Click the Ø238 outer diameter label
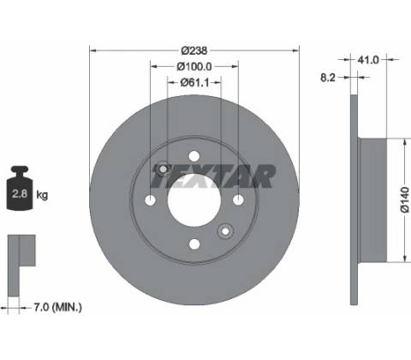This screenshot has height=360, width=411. pos(194,51)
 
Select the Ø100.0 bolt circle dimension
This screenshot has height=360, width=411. pos(194,67)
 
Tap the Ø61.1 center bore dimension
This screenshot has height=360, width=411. pos(194,83)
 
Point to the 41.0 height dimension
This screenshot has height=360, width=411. pos(368,60)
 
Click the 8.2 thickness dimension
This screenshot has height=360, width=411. pos(328,77)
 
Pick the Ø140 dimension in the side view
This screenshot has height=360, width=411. pos(405,200)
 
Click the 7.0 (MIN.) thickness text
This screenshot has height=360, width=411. pos(58,308)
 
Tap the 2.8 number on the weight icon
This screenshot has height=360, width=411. pos(20,194)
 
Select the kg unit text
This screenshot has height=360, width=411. pos(42,195)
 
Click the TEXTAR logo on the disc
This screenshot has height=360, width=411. pos(212,177)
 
